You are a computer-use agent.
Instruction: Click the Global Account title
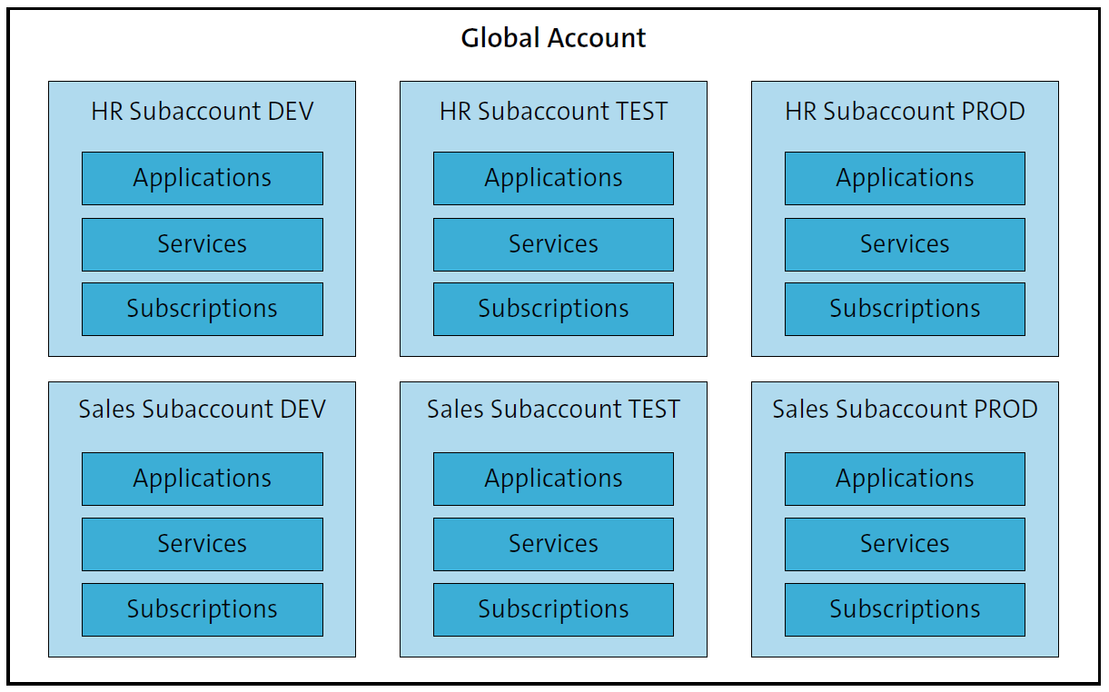coord(553,38)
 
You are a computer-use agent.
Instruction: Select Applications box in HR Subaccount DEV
coord(202,178)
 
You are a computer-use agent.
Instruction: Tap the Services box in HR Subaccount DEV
coord(202,244)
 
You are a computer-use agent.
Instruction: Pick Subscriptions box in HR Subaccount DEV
coord(202,309)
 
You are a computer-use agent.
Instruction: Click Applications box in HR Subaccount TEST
coord(553,178)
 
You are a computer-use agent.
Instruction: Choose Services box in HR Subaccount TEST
coord(553,244)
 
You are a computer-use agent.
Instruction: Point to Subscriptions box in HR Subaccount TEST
coord(553,309)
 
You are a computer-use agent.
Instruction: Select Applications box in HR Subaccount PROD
coord(905,178)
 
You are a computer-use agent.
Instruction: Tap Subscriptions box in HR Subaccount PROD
coord(905,309)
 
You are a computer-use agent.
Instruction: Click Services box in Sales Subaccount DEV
coord(202,544)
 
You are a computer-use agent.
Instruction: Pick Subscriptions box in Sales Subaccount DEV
coord(202,609)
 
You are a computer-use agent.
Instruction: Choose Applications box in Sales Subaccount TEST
coord(553,479)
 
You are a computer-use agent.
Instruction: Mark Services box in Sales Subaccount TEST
coord(553,544)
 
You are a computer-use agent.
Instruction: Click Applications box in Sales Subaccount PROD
coord(905,479)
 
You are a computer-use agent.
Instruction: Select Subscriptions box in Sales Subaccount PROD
coord(905,609)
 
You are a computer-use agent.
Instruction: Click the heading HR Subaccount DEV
coord(202,112)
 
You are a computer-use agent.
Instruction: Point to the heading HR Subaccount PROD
coord(905,112)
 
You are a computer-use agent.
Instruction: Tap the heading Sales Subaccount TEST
coord(553,410)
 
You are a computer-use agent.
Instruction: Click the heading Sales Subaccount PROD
coord(905,410)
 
